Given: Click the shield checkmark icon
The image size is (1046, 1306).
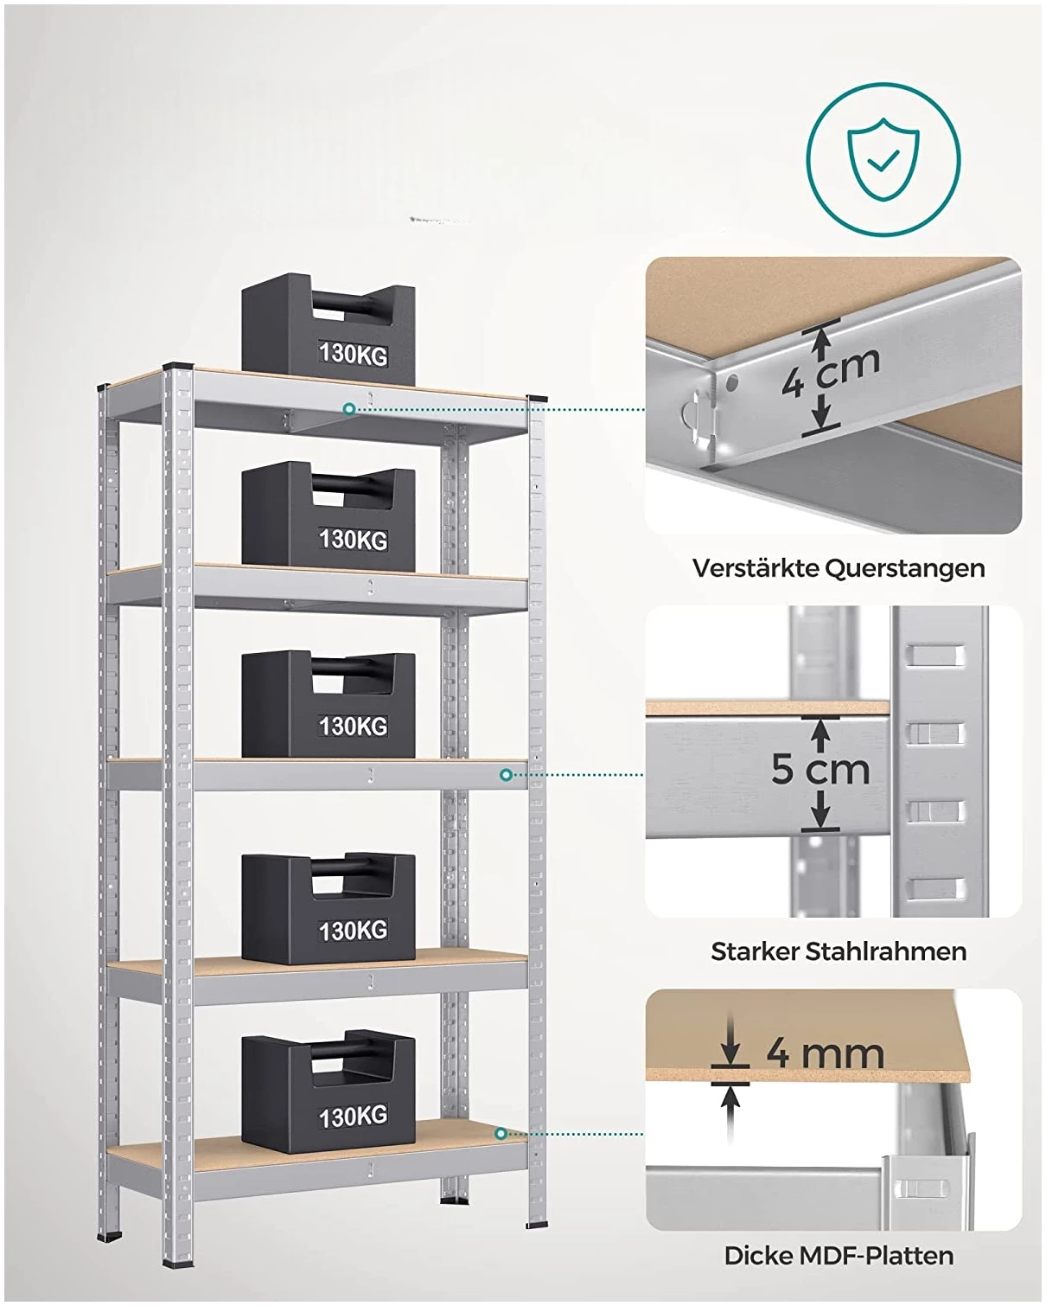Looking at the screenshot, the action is [883, 160].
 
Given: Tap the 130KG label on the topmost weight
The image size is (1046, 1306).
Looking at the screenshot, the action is [353, 354].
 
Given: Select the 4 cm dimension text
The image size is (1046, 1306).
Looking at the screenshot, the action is [832, 374].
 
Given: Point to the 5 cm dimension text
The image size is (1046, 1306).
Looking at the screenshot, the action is [820, 769].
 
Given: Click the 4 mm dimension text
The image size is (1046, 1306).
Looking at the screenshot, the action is [826, 1053].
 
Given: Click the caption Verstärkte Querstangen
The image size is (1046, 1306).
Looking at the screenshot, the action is [839, 568].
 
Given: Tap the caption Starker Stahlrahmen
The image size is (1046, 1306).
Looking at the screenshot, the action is [839, 951].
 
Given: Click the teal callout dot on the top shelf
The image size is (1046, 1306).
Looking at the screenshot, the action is [349, 409].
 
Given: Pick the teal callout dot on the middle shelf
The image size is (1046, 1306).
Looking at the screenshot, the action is [506, 775].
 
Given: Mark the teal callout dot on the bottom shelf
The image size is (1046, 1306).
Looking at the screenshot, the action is [501, 1134].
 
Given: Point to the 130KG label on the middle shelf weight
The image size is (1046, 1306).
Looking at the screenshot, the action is [353, 725].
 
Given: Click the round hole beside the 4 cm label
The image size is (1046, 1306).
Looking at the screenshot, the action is [733, 383].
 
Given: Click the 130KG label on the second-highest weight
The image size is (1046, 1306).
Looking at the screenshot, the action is [353, 539].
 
